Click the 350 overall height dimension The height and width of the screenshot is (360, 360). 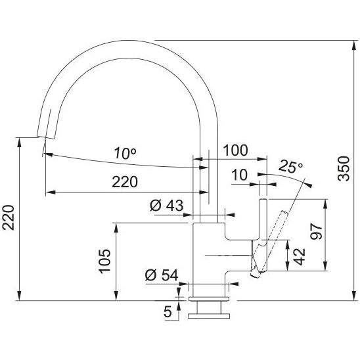(x=344, y=168)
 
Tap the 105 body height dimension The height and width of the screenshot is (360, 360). (x=104, y=261)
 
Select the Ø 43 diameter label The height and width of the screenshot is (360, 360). (x=167, y=205)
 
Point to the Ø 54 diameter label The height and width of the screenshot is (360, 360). (x=162, y=275)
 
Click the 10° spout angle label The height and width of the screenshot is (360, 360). (x=125, y=153)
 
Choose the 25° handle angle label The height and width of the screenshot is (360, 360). (x=290, y=166)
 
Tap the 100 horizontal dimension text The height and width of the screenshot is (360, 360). (x=236, y=150)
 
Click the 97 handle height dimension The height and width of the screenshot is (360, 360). (x=317, y=232)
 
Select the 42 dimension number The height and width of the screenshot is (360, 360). (x=300, y=257)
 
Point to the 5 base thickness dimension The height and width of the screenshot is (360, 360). (x=168, y=311)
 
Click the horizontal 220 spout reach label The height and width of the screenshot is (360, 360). (x=125, y=182)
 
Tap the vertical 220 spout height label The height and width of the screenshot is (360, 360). (x=9, y=217)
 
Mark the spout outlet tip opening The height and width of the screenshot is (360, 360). (x=46, y=137)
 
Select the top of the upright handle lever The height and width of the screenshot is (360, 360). (x=263, y=199)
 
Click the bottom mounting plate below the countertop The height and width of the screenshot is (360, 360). (x=209, y=316)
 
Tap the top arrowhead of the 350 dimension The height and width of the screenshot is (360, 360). (x=353, y=45)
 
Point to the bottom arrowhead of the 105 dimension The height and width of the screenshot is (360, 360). (x=116, y=296)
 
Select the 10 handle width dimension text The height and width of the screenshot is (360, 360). (x=240, y=175)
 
